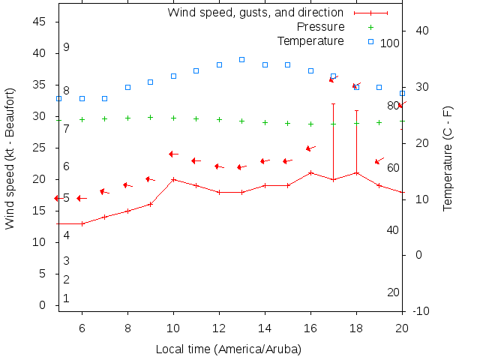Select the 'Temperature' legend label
click(x=310, y=41)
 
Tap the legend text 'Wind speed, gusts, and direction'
click(x=256, y=13)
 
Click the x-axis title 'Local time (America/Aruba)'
click(x=229, y=349)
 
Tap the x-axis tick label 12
click(x=219, y=327)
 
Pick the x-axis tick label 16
click(x=310, y=327)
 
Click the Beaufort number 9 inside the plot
click(x=67, y=47)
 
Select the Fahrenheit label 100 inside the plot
click(x=390, y=43)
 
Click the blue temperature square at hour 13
click(x=242, y=59)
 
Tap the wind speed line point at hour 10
click(x=173, y=179)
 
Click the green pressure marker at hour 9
click(x=151, y=117)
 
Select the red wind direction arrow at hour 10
click(x=173, y=154)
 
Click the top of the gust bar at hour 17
click(x=334, y=104)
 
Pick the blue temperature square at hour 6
click(x=82, y=98)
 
